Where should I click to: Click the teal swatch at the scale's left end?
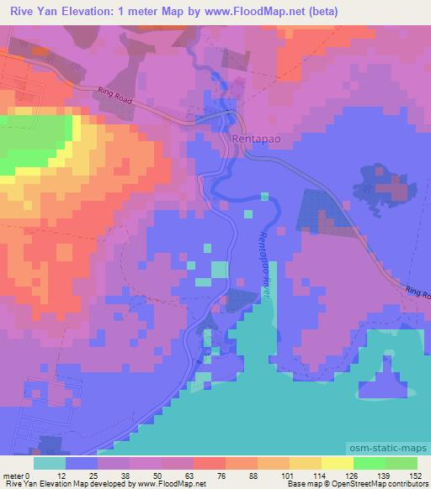[50, 463]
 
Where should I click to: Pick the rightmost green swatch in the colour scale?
[401, 463]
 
